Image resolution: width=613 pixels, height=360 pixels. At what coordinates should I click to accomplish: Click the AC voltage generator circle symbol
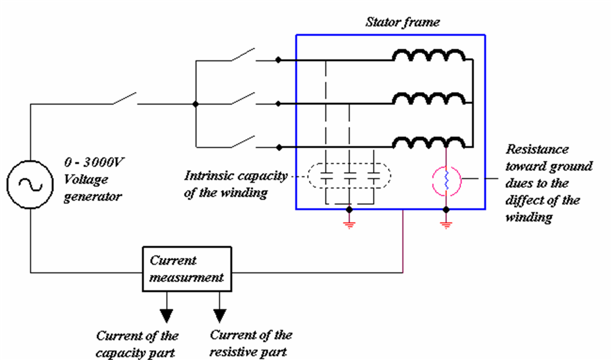pos(30,184)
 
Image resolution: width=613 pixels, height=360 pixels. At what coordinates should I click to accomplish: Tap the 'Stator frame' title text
pos(402,22)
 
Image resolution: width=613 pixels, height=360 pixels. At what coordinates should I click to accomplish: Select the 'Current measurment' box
pos(186,269)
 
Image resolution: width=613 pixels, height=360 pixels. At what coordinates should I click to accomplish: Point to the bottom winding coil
pos(428,143)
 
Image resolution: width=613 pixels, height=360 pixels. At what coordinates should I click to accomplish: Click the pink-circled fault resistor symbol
pos(446,181)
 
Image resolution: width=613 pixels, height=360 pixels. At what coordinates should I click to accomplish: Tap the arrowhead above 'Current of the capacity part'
pos(166,315)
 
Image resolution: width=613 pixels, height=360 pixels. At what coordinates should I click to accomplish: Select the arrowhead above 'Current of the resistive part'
pos(219,315)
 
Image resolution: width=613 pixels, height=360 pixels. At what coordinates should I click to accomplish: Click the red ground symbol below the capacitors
pos(349,224)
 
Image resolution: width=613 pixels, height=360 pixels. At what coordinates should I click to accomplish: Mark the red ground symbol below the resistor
pos(446,224)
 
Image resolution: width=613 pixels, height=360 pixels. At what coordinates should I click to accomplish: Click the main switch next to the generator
pos(125,98)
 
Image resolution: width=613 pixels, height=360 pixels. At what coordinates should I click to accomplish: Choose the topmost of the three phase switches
pos(243,55)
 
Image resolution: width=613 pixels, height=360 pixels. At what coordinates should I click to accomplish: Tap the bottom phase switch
pos(243,142)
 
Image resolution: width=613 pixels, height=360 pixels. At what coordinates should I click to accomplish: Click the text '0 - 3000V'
pos(95,162)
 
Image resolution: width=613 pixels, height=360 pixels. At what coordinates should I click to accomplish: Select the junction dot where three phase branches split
pos(195,104)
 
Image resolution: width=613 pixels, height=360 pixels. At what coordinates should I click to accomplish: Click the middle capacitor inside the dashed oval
pos(349,176)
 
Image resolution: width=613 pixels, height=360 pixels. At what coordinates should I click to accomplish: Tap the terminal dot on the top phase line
pos(278,60)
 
